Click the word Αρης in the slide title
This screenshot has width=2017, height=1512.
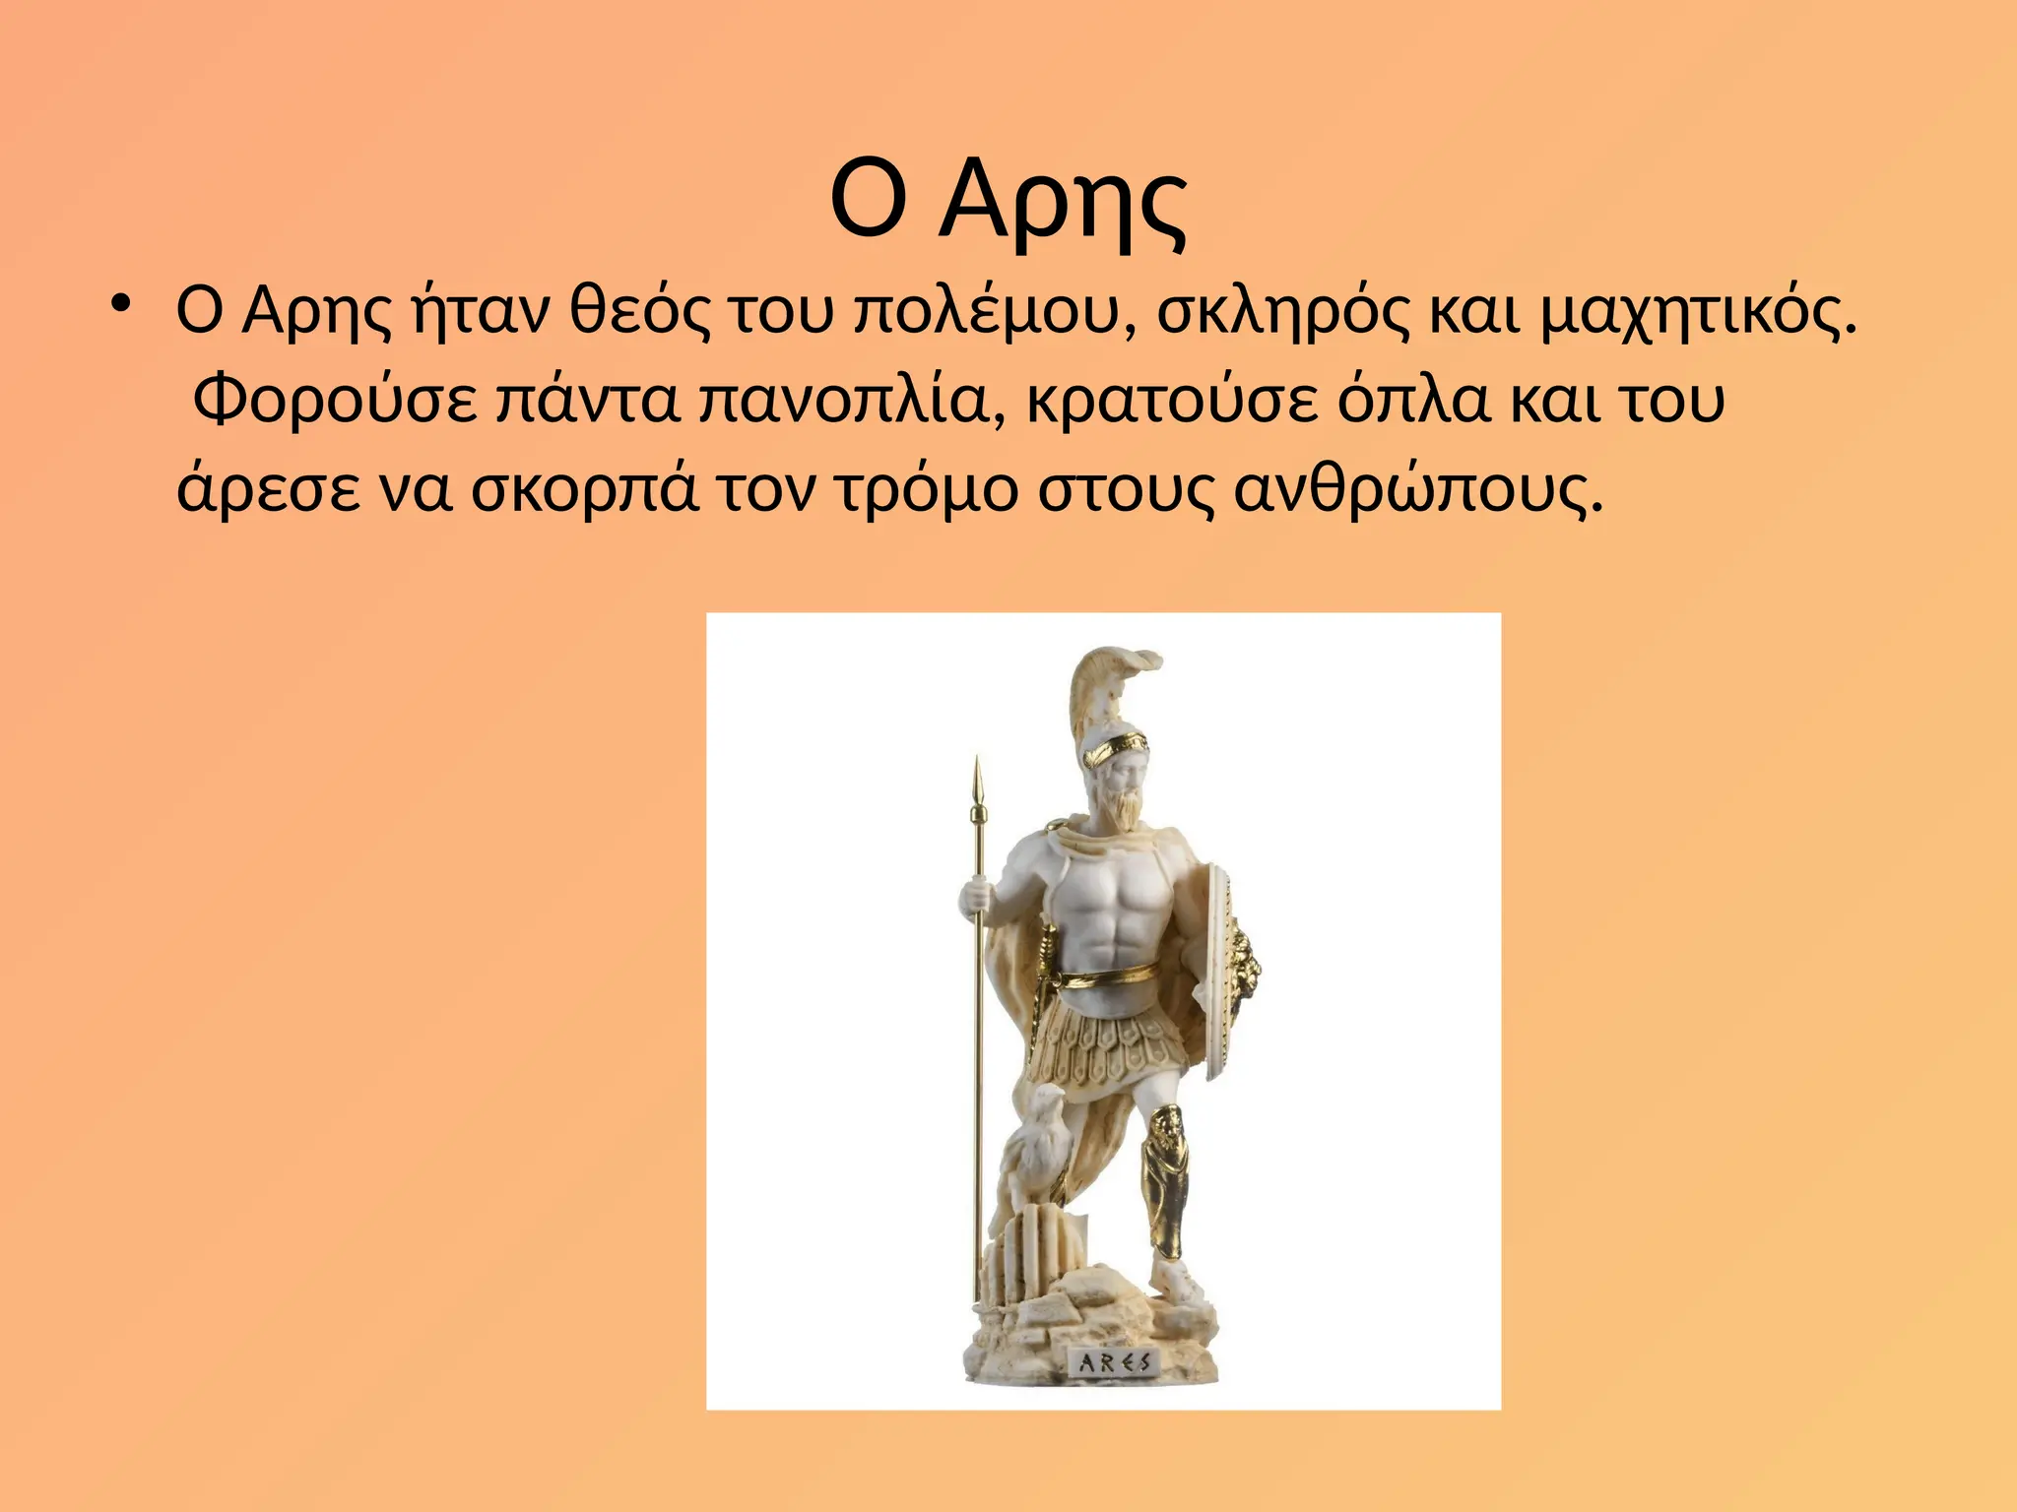pos(1064,202)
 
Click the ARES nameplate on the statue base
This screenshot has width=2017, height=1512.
pos(1114,1363)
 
